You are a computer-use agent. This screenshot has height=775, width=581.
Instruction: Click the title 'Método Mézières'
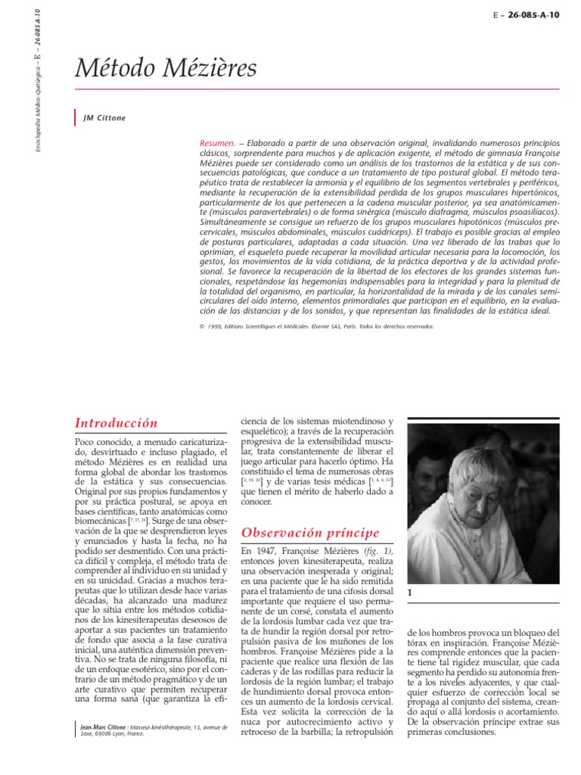(166, 70)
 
